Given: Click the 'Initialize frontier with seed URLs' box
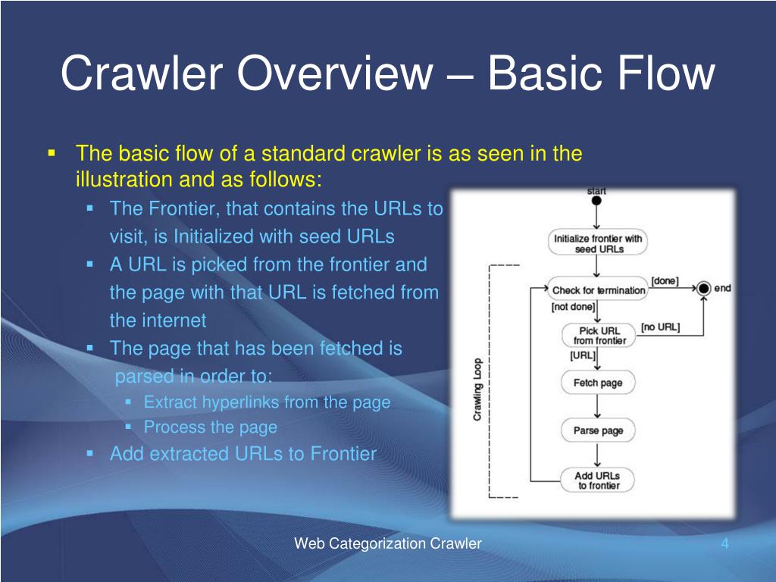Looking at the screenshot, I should pyautogui.click(x=598, y=243).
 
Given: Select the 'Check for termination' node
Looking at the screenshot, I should pyautogui.click(x=598, y=290).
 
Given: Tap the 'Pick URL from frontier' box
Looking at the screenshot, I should pyautogui.click(x=599, y=336).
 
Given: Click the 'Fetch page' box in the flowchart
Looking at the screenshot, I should pyautogui.click(x=598, y=383).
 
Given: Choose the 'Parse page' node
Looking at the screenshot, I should pyautogui.click(x=598, y=430).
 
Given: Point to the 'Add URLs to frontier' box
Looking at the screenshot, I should pyautogui.click(x=598, y=480).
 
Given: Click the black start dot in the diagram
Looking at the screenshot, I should pyautogui.click(x=596, y=201).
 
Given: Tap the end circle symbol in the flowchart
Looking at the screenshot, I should pyautogui.click(x=703, y=288).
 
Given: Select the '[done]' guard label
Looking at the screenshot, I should pyautogui.click(x=665, y=281).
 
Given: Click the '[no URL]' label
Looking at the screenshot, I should pyautogui.click(x=660, y=327).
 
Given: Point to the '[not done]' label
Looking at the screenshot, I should pyautogui.click(x=573, y=308).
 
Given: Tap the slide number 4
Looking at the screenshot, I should pyautogui.click(x=724, y=543).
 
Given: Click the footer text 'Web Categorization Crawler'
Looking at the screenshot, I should pyautogui.click(x=388, y=543).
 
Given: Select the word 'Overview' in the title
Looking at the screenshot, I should pyautogui.click(x=332, y=74).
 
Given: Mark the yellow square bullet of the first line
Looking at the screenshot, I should pyautogui.click(x=52, y=154).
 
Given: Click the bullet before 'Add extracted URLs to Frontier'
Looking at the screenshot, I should pyautogui.click(x=90, y=453).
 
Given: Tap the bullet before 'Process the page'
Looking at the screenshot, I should pyautogui.click(x=128, y=427).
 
